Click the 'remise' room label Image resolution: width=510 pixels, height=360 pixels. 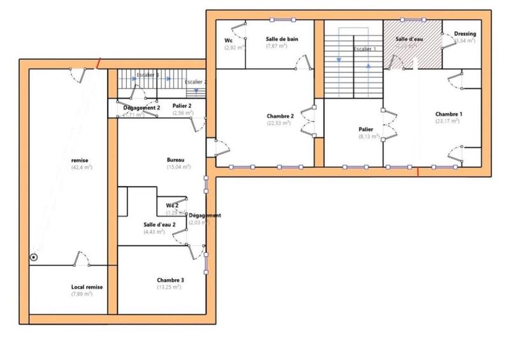[80, 160]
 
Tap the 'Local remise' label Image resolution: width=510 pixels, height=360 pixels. [87, 287]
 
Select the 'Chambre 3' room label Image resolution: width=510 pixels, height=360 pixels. [170, 280]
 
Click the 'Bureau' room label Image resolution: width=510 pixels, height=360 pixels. [175, 159]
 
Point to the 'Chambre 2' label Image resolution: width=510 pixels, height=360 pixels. [280, 116]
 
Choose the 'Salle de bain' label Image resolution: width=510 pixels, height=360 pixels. [282, 39]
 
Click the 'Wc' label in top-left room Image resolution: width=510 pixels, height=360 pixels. [228, 40]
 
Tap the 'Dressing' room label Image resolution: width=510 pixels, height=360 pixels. [465, 34]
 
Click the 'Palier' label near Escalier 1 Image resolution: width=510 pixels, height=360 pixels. [366, 129]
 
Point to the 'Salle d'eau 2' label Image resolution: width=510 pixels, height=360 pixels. [159, 225]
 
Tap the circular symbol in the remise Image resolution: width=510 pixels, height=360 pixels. [34, 257]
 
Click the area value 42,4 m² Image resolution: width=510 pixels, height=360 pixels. [82, 168]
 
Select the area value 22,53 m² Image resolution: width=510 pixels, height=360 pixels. [279, 123]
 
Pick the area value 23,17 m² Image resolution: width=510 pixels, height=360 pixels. [448, 121]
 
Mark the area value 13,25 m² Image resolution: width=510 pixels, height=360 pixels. [170, 288]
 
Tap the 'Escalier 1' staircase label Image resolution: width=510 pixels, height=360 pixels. [365, 48]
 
